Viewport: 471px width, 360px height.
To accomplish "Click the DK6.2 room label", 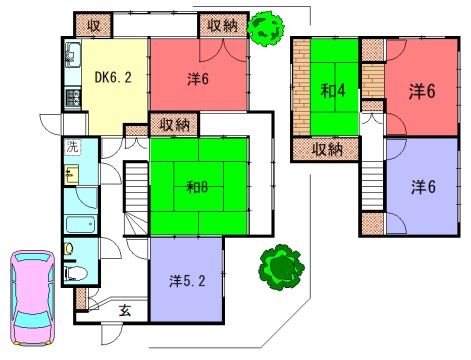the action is (113, 77).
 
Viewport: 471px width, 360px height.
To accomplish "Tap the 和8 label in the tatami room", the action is (198, 187).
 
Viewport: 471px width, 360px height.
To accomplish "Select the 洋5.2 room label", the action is (187, 281).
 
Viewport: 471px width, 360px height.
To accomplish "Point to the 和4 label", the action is (333, 90).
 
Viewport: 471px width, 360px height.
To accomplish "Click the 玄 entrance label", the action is (125, 311).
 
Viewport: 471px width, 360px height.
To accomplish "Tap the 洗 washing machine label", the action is (72, 147).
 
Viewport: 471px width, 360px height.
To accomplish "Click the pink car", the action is (32, 298).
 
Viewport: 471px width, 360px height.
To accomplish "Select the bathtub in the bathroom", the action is (81, 225).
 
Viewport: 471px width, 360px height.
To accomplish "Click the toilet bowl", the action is (75, 273).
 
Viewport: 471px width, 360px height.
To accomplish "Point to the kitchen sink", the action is (73, 54).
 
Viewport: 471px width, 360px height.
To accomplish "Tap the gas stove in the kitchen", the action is (73, 98).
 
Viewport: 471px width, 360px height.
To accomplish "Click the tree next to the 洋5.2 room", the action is (281, 267).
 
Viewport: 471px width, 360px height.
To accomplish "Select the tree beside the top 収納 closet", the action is (265, 28).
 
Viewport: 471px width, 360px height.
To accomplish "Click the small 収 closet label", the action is (94, 25).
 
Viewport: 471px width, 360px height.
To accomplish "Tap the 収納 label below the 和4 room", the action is (327, 150).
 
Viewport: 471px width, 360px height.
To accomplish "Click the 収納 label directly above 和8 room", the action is (174, 125).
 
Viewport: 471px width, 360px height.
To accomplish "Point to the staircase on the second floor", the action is (373, 185).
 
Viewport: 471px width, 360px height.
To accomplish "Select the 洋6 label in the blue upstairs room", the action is (423, 187).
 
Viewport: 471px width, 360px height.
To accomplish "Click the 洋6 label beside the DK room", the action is (198, 79).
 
